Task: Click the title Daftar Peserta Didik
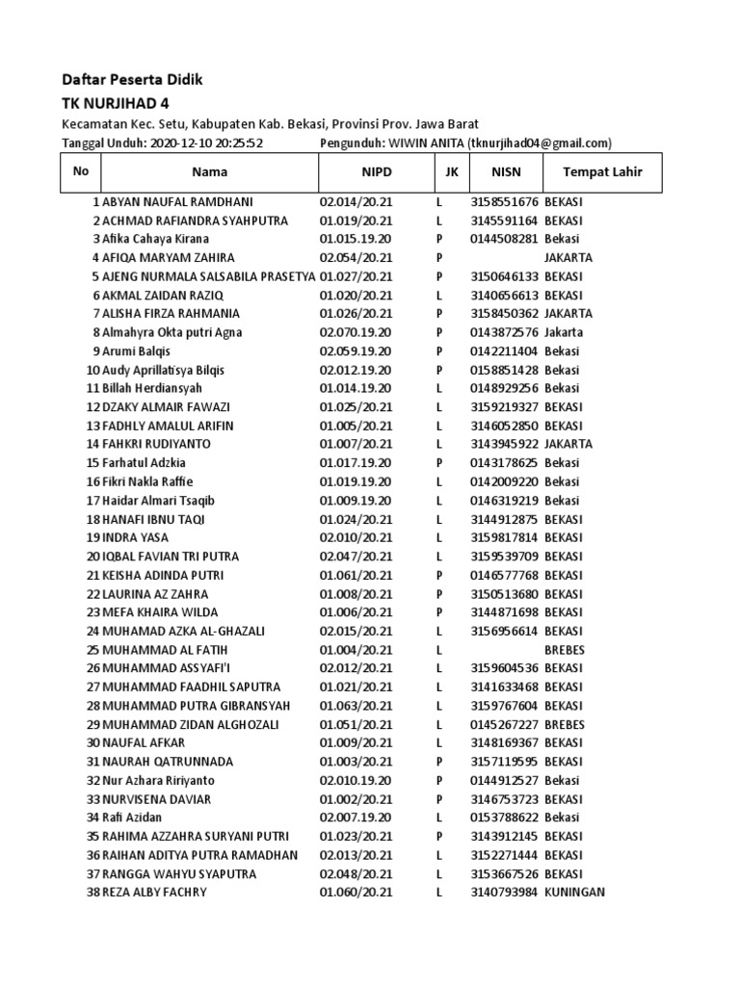click(133, 79)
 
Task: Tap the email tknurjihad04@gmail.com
click(540, 143)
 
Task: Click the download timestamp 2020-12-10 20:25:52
click(207, 143)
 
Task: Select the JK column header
click(452, 172)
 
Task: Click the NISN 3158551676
click(505, 202)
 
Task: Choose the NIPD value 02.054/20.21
click(357, 258)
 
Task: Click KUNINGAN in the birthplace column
click(574, 893)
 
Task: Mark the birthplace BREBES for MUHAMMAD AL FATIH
click(565, 650)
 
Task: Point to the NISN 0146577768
click(505, 575)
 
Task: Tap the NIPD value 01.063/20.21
click(357, 706)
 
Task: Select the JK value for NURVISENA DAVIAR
click(438, 799)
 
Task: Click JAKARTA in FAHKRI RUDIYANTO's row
click(568, 444)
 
